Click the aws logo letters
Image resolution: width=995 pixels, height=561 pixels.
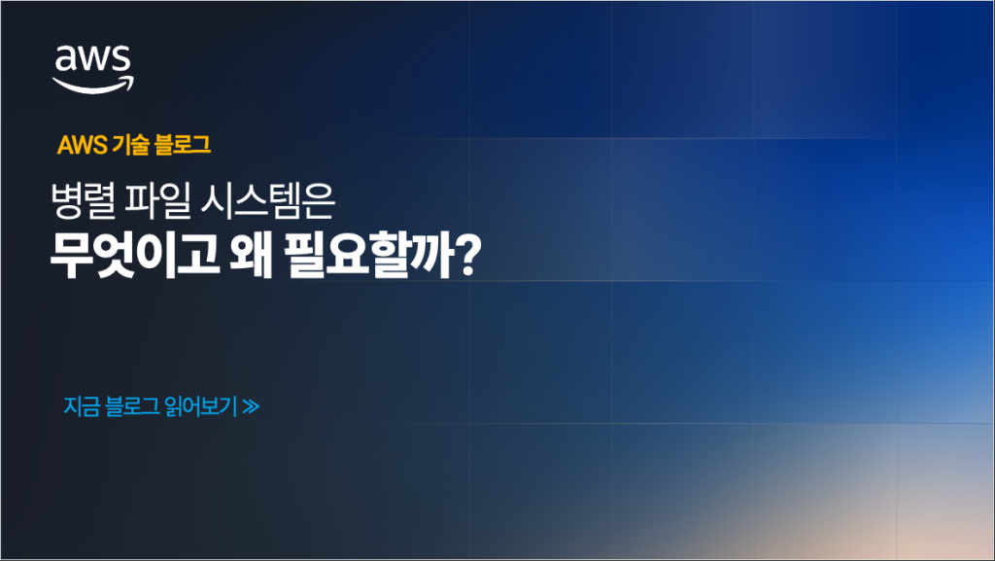pyautogui.click(x=92, y=58)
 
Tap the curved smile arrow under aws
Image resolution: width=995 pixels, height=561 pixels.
pyautogui.click(x=92, y=87)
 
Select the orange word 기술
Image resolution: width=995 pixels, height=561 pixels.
pyautogui.click(x=130, y=145)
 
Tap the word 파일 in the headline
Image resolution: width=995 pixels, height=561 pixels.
pyautogui.click(x=157, y=200)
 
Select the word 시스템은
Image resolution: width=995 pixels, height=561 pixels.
pyautogui.click(x=267, y=200)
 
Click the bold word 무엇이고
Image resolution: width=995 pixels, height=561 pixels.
pyautogui.click(x=134, y=255)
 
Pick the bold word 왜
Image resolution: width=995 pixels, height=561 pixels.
pyautogui.click(x=252, y=255)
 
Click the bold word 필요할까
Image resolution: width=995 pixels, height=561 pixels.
pyautogui.click(x=369, y=255)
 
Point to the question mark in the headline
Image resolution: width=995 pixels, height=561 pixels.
pyautogui.click(x=469, y=255)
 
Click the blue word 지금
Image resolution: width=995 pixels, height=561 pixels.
pyautogui.click(x=82, y=406)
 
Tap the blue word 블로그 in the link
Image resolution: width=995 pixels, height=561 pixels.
pyautogui.click(x=132, y=406)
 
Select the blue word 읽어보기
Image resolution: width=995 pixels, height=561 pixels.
pyautogui.click(x=200, y=406)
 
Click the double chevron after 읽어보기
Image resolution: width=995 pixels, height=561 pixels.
pyautogui.click(x=251, y=406)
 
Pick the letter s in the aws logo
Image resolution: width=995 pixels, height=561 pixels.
pyautogui.click(x=121, y=59)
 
